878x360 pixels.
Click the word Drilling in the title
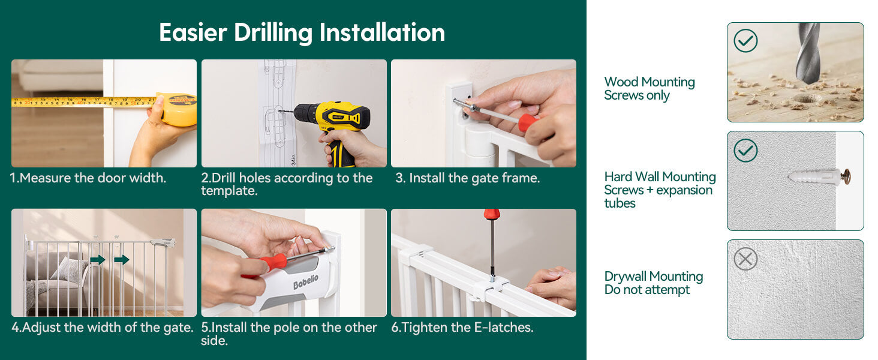pyautogui.click(x=273, y=33)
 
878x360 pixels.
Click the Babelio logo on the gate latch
pyautogui.click(x=306, y=281)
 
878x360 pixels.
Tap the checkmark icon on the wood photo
pyautogui.click(x=745, y=41)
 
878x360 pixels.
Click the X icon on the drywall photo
pyautogui.click(x=745, y=259)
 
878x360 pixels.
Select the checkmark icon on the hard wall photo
pyautogui.click(x=745, y=151)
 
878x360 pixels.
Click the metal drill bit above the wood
pyautogui.click(x=808, y=53)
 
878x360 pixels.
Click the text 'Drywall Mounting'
pyautogui.click(x=654, y=276)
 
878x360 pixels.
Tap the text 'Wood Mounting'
pyautogui.click(x=650, y=82)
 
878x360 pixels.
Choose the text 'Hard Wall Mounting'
pyautogui.click(x=660, y=176)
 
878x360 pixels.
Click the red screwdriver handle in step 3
pyautogui.click(x=528, y=122)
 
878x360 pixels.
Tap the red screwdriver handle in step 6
pyautogui.click(x=492, y=214)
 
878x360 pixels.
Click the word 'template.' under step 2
pyautogui.click(x=229, y=191)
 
